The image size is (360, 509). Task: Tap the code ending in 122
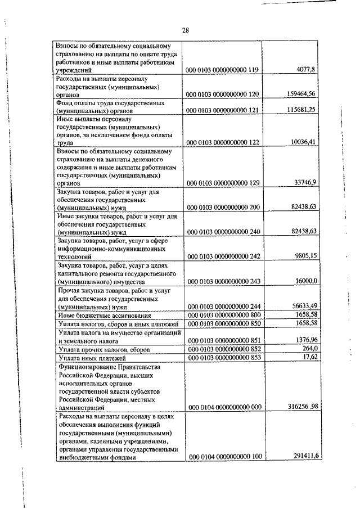[223, 143]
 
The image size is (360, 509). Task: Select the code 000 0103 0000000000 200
[223, 208]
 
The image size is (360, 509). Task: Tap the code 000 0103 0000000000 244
[223, 307]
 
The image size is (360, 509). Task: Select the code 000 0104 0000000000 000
[223, 407]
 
